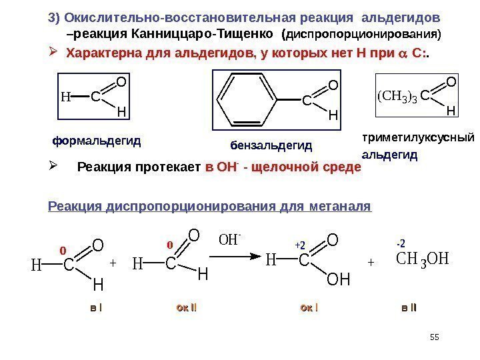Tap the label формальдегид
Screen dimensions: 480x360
pos(97,141)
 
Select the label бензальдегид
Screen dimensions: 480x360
pos(271,145)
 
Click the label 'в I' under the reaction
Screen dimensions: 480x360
pos(96,307)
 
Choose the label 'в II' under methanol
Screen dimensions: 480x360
pos(409,307)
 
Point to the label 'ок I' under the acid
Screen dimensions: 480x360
pos(309,307)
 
